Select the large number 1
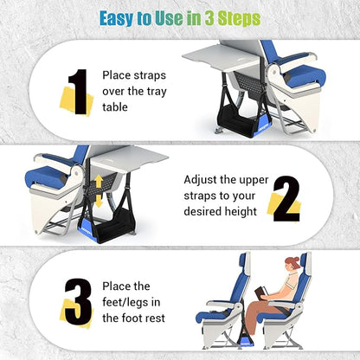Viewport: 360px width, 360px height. (x=77, y=92)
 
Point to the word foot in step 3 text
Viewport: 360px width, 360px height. (x=145, y=318)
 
